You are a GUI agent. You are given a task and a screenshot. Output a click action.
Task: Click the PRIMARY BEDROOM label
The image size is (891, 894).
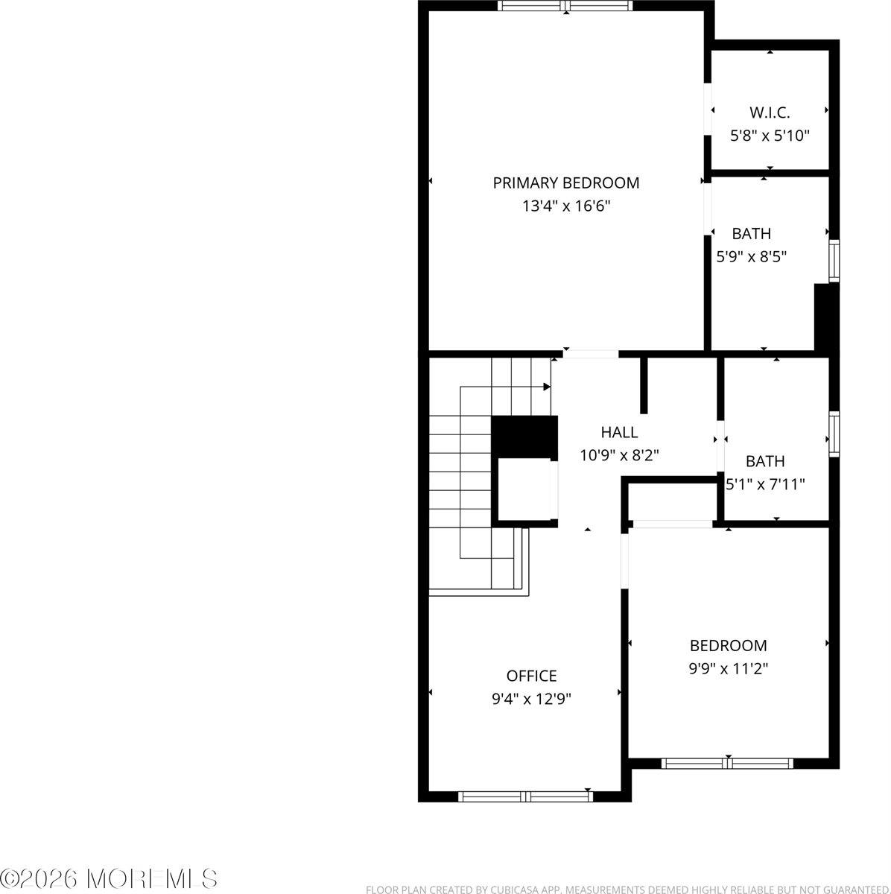tap(566, 183)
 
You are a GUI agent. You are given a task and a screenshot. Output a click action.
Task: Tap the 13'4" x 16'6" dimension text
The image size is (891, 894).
tap(566, 206)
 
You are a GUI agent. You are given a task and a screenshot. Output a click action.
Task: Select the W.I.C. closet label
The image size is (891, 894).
tap(770, 112)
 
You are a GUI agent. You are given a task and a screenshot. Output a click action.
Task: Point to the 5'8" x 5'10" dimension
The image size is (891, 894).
tap(770, 136)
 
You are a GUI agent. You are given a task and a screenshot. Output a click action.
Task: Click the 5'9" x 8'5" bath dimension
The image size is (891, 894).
tap(751, 257)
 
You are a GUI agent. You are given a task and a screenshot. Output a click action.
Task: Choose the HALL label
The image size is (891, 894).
tap(619, 432)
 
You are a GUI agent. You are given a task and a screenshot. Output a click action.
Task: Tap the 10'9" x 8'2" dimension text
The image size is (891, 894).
tap(619, 454)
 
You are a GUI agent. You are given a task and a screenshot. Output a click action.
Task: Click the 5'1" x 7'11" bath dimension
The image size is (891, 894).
tap(766, 484)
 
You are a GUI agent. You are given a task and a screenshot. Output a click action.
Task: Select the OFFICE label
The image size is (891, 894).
tap(531, 676)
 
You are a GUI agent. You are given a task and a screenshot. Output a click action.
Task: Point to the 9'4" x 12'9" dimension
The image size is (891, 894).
tap(531, 699)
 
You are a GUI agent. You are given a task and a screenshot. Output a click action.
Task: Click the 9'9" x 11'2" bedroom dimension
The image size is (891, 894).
tap(728, 669)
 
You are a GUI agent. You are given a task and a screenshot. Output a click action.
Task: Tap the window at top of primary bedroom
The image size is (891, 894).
tap(565, 6)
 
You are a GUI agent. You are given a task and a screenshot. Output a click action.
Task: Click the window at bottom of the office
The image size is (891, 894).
tap(525, 796)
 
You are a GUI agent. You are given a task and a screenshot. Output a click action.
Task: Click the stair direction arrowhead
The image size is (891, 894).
tap(547, 387)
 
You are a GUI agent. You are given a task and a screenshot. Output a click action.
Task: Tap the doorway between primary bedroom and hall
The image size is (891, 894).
tap(591, 354)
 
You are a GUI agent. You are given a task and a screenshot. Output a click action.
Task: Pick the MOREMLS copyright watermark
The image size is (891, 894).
tap(110, 878)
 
